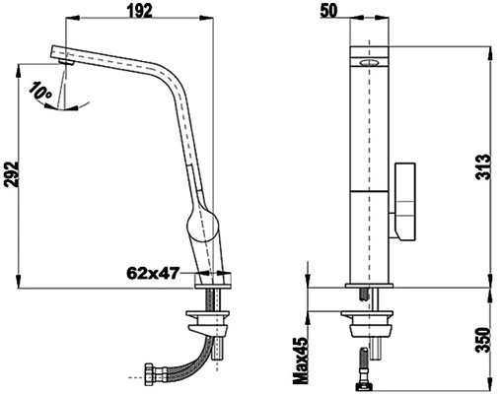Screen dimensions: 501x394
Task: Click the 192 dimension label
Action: [140, 11]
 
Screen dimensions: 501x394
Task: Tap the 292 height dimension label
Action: [12, 174]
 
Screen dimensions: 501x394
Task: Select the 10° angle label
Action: [40, 91]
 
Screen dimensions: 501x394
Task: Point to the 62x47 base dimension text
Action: [154, 273]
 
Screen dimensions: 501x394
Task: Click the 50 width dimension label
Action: [328, 11]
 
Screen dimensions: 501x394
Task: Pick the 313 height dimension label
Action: [483, 166]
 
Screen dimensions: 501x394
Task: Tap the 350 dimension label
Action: [483, 340]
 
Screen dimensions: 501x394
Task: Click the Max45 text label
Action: [301, 361]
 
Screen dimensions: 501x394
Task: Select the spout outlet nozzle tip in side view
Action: [66, 62]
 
